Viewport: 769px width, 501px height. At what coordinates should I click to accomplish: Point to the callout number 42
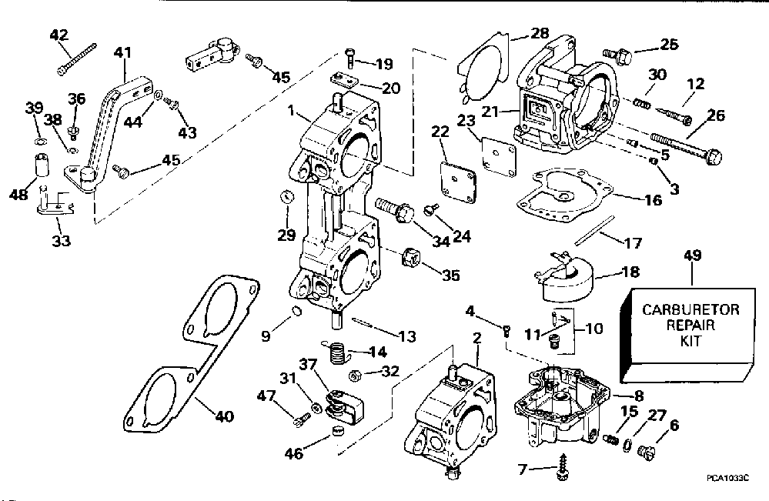[59, 34]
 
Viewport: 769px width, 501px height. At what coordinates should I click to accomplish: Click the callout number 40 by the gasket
[224, 417]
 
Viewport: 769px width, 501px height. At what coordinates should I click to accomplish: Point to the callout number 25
[670, 44]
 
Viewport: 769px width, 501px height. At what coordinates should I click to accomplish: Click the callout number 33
[61, 241]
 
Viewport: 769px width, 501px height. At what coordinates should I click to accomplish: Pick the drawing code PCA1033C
[727, 477]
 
